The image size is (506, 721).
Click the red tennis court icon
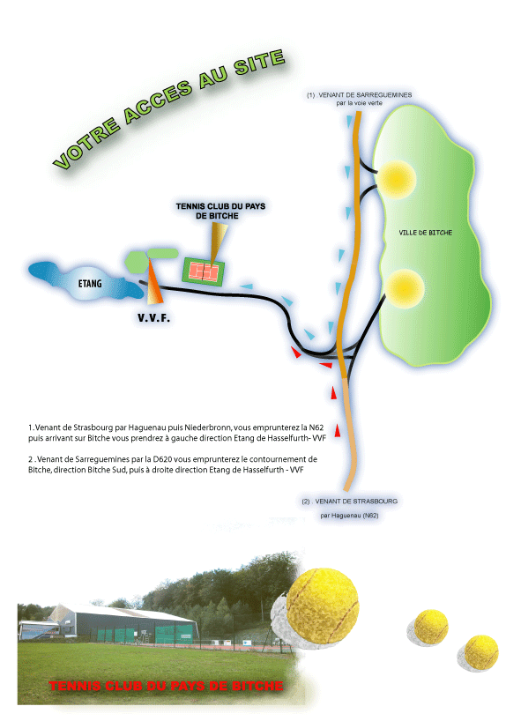[204, 271]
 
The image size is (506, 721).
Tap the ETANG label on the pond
[90, 283]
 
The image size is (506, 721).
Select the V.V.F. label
[153, 317]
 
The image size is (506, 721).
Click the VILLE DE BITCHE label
[426, 233]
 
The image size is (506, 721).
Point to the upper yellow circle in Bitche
[396, 179]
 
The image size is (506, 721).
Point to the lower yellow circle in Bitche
[404, 289]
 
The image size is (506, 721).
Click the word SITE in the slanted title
[259, 62]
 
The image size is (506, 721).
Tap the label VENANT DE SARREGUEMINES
[365, 94]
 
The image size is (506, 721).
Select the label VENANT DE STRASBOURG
[356, 502]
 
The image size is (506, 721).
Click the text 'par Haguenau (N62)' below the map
[350, 516]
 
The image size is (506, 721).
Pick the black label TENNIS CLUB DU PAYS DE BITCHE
[220, 211]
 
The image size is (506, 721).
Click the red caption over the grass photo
[166, 686]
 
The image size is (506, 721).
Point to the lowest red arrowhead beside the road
[337, 430]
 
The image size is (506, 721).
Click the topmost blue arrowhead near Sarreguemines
[350, 121]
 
